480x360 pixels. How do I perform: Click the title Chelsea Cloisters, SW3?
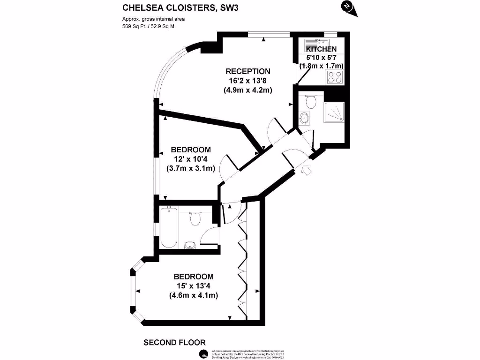pos(177,7)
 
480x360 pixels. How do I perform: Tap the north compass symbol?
pos(346,6)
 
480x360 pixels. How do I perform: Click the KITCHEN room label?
pos(321,49)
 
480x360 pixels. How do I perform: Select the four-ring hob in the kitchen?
pos(335,77)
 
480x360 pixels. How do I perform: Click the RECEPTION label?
pos(248,71)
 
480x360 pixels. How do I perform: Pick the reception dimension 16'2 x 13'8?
pos(248,81)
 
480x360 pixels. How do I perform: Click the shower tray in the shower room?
pos(334,112)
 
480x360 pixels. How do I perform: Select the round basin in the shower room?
pos(304,118)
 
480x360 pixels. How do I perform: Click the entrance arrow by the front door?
pos(307,170)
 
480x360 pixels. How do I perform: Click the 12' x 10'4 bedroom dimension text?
pos(190,159)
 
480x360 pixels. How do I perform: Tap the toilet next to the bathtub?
pos(195,218)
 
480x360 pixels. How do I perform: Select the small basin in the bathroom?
pos(190,244)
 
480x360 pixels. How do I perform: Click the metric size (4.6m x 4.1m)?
pos(194,295)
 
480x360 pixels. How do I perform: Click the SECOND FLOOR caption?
pos(174,343)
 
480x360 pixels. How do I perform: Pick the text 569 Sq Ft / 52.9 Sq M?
pos(149,26)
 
